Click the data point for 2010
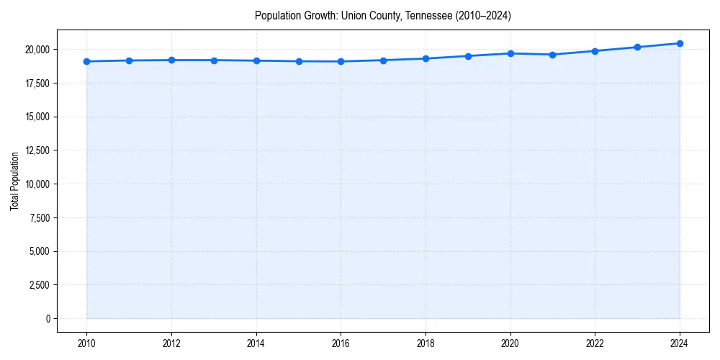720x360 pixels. (86, 61)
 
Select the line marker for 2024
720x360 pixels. (680, 43)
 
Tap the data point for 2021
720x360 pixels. (552, 55)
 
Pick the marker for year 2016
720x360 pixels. (341, 61)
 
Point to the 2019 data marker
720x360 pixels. (468, 56)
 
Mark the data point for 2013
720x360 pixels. (214, 60)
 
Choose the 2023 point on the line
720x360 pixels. (637, 48)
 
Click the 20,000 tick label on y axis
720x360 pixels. (36, 50)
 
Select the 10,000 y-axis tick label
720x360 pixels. (36, 184)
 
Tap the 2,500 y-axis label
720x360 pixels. (38, 285)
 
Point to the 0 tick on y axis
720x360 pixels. (48, 319)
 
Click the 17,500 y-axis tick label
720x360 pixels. (36, 84)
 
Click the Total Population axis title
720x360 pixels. (14, 181)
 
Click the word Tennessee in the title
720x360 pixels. (425, 16)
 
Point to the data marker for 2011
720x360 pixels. (129, 60)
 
